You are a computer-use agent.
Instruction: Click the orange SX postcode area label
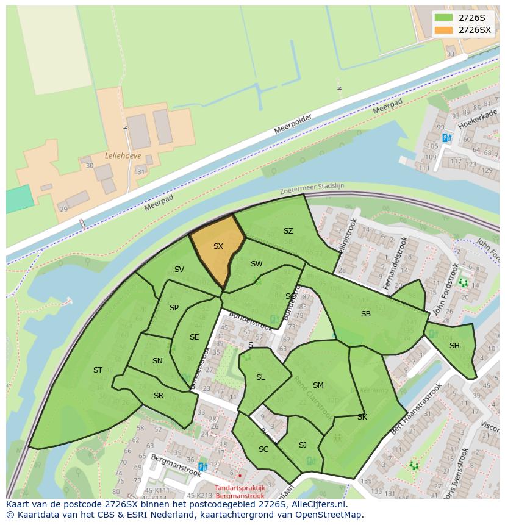[218, 246]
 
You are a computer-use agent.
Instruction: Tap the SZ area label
[288, 231]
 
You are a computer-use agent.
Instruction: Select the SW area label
[256, 264]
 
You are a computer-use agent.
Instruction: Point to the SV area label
[179, 270]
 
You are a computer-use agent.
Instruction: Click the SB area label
[365, 314]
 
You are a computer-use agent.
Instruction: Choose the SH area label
[454, 346]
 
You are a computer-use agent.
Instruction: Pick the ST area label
[98, 370]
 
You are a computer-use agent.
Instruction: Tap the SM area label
[318, 385]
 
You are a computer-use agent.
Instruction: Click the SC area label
[263, 449]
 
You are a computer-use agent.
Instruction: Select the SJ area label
[303, 445]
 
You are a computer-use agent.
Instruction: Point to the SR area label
[159, 396]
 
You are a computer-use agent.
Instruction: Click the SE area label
[194, 337]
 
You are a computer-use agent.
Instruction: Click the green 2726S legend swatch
[444, 18]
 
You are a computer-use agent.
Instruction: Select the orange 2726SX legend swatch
[444, 30]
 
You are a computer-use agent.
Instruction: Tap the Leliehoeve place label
[123, 155]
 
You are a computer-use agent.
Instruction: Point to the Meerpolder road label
[293, 124]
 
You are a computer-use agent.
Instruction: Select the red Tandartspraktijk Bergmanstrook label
[240, 492]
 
